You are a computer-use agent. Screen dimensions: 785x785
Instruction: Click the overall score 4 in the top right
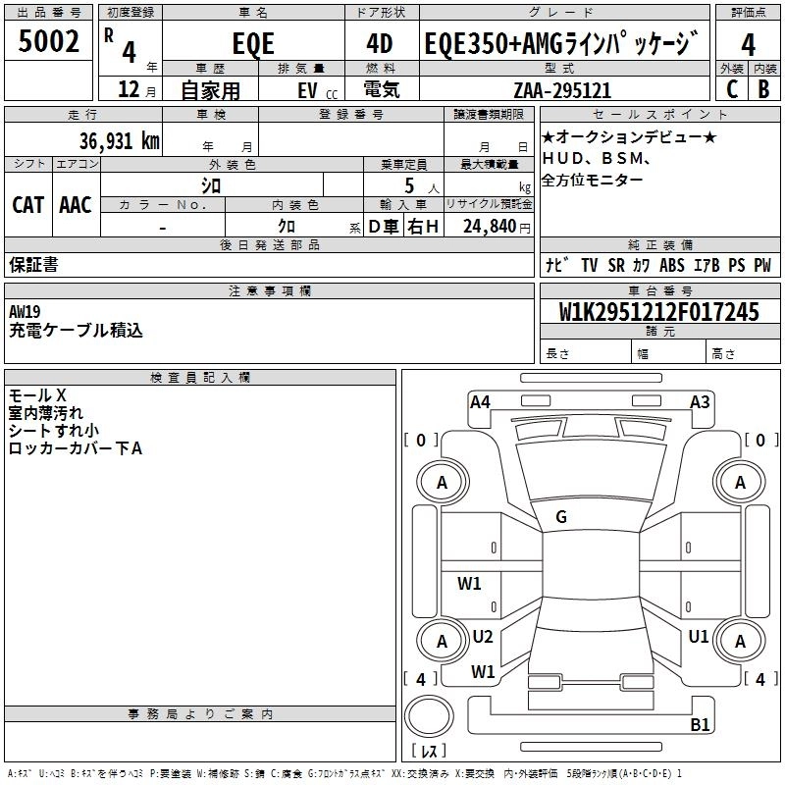click(x=749, y=45)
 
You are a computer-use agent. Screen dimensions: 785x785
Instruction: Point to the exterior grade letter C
click(x=731, y=88)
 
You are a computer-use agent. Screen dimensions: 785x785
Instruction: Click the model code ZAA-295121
click(x=562, y=90)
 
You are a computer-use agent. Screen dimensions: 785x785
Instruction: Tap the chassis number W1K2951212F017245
click(x=658, y=312)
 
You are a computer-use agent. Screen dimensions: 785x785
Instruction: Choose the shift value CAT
click(x=27, y=204)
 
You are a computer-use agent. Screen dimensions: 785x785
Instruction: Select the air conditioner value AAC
click(x=76, y=204)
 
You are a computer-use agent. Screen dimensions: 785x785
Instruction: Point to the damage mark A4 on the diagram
click(x=480, y=401)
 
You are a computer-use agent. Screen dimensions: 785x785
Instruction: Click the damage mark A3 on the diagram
click(x=700, y=401)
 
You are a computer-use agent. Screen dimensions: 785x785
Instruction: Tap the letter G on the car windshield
click(x=561, y=517)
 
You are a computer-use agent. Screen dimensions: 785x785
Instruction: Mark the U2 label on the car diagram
click(x=482, y=637)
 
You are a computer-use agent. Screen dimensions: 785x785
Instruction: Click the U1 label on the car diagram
click(x=699, y=637)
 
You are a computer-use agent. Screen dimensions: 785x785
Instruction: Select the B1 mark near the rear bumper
click(x=700, y=725)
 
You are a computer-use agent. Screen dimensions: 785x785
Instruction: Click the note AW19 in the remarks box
click(x=26, y=311)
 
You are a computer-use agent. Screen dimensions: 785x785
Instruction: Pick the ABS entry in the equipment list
click(x=672, y=265)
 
